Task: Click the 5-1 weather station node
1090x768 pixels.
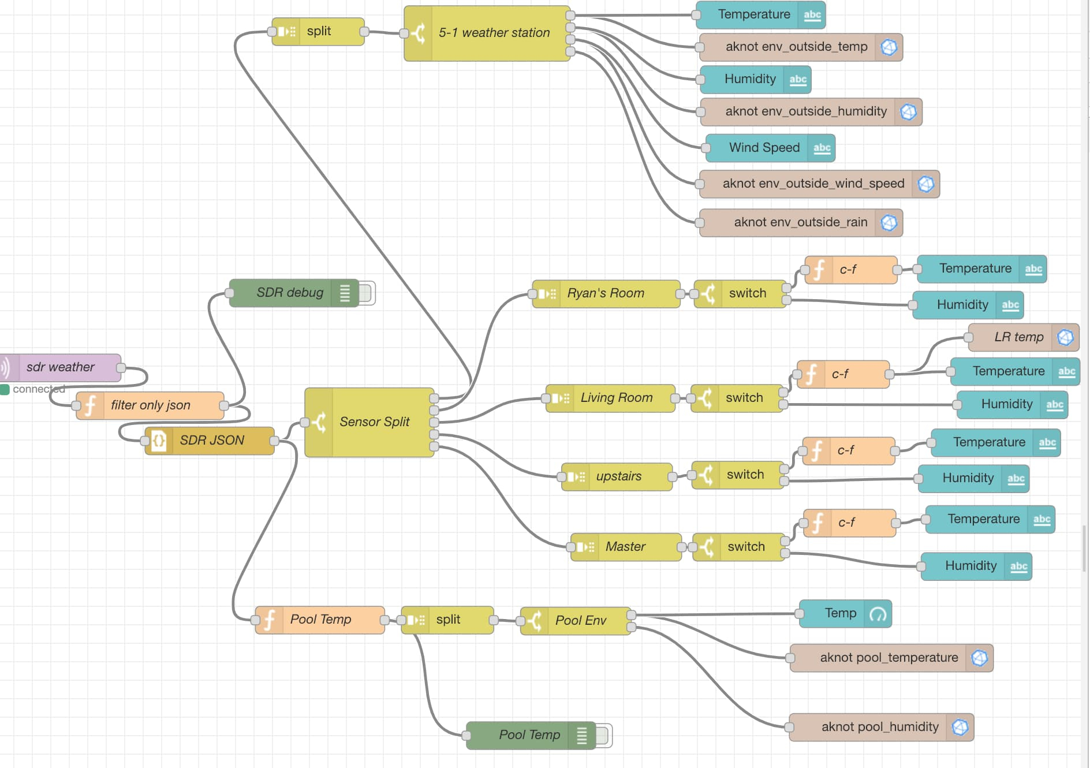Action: [x=487, y=33]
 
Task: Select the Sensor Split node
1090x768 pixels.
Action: [x=369, y=422]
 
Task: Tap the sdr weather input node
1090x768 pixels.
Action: [x=61, y=367]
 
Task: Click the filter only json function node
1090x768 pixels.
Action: [x=150, y=405]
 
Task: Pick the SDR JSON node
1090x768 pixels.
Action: [x=210, y=441]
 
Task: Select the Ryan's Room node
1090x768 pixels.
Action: [x=606, y=293]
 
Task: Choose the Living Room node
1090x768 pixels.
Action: [x=610, y=398]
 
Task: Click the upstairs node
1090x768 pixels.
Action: [x=617, y=476]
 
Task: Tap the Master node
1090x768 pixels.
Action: [x=626, y=546]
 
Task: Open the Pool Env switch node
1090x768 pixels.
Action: [x=576, y=621]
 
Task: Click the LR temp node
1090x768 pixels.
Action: [x=1024, y=337]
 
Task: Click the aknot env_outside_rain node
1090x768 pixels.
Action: [x=801, y=222]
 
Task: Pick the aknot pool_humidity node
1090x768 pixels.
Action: [x=882, y=727]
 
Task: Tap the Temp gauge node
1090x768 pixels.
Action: [x=846, y=613]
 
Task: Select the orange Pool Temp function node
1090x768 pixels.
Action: [x=320, y=620]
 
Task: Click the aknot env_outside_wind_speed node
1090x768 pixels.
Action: [x=819, y=184]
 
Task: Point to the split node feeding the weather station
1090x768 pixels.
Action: [x=318, y=31]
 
